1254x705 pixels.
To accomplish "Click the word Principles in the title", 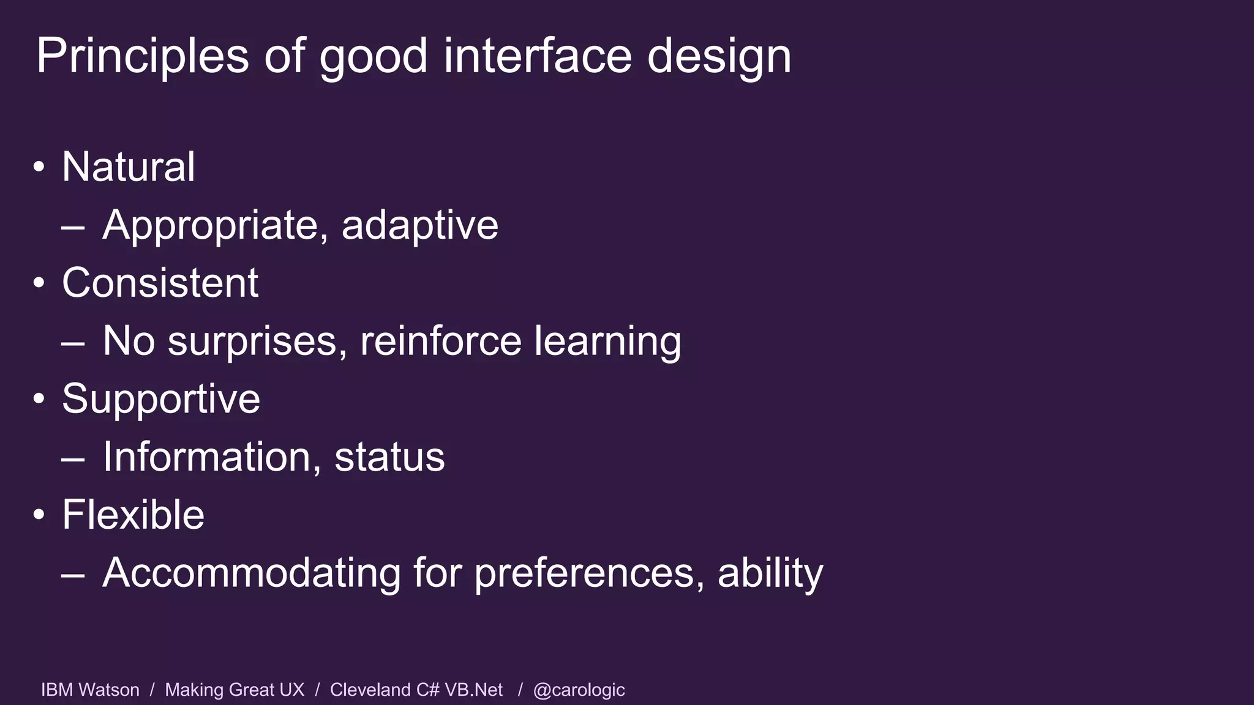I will (x=142, y=56).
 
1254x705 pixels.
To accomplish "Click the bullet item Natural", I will (x=129, y=166).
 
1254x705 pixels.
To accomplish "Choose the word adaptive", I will (x=419, y=225).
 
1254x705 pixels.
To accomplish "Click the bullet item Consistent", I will (x=160, y=283).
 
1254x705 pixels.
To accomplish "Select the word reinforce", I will (x=440, y=341).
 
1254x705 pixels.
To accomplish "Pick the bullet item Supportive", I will (x=161, y=399).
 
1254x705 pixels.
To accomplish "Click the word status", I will (x=389, y=457).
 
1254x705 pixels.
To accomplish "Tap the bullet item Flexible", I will (x=133, y=515).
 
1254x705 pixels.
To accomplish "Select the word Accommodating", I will (x=251, y=573).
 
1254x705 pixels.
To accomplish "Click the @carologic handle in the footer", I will (x=579, y=690).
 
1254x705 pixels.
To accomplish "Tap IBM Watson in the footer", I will (x=90, y=690).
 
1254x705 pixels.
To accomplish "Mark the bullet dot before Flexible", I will (x=39, y=515).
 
